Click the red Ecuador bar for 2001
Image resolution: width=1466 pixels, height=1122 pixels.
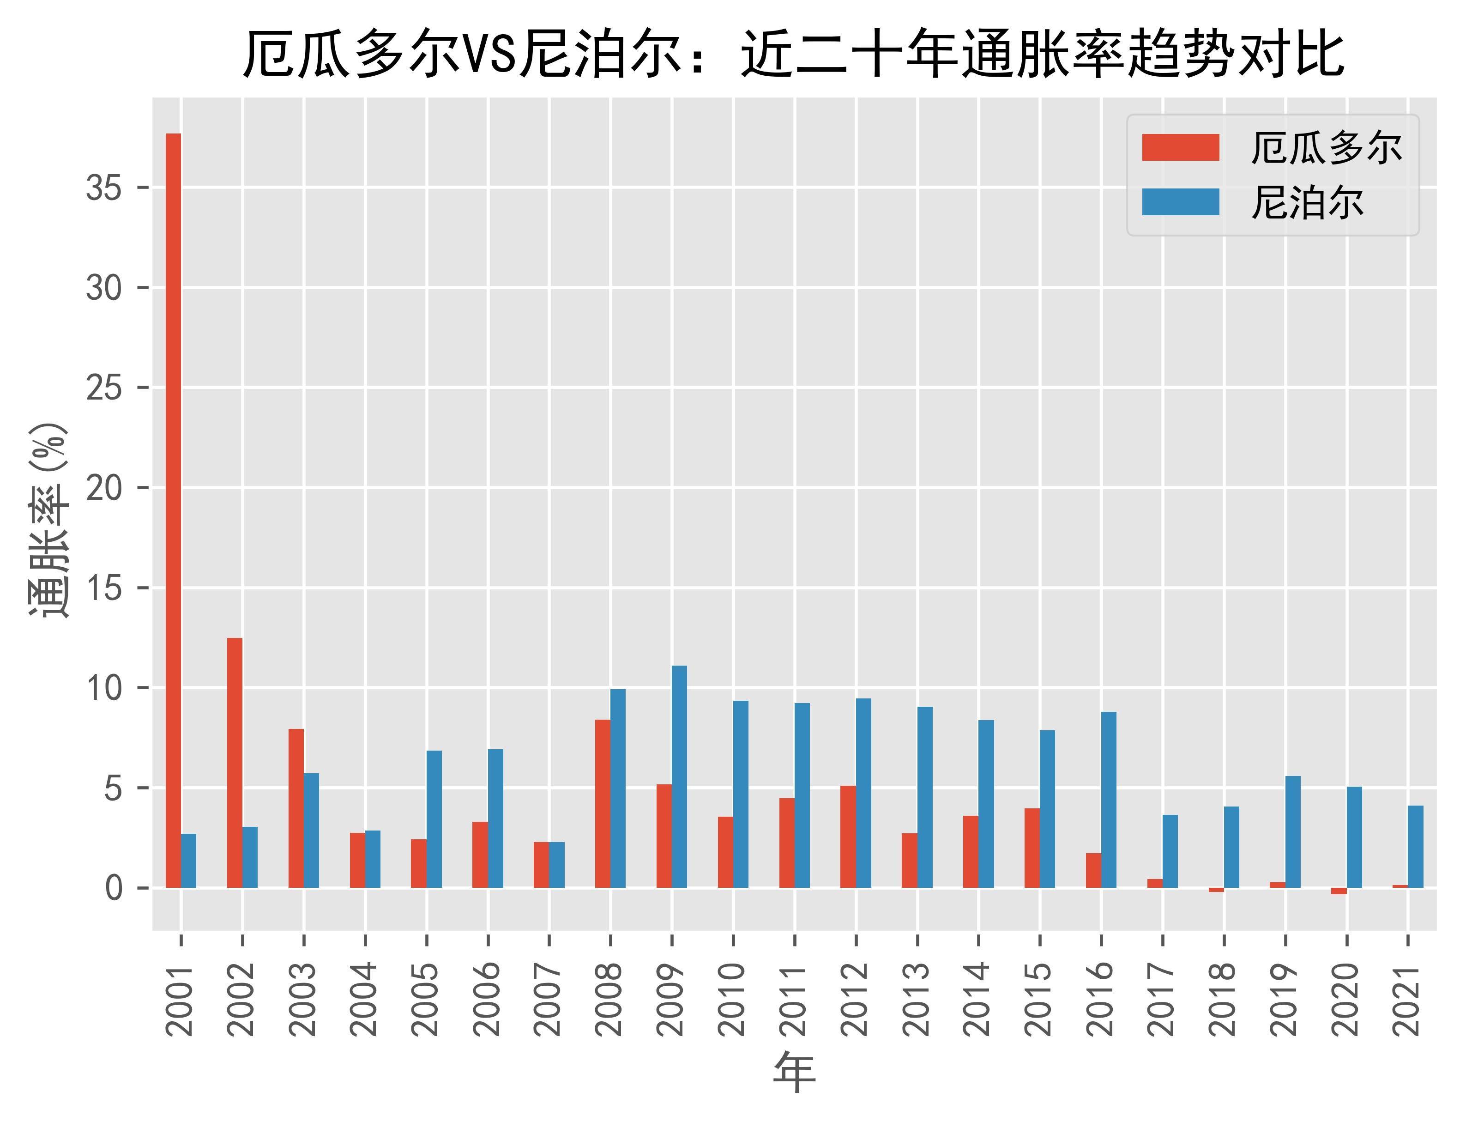(x=173, y=510)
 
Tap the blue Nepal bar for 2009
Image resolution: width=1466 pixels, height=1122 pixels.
(x=680, y=777)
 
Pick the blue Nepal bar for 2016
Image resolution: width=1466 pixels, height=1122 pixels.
(x=1109, y=800)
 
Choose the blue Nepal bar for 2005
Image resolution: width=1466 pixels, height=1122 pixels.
(x=434, y=819)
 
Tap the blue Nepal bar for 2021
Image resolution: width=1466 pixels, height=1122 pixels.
(x=1416, y=846)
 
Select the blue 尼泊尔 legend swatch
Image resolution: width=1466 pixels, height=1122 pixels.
(x=1180, y=202)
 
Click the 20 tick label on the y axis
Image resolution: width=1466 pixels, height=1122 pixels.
(x=104, y=488)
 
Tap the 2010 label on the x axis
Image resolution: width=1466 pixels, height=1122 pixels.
(x=733, y=999)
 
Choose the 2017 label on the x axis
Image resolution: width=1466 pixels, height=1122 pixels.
(x=1163, y=999)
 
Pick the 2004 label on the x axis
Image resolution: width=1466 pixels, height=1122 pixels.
(x=365, y=999)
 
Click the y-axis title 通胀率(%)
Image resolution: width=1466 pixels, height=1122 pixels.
(x=49, y=521)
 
